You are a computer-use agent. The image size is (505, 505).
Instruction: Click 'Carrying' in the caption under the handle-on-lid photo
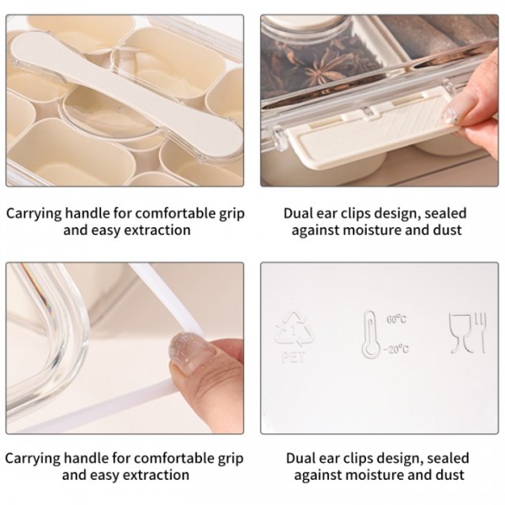pyautogui.click(x=35, y=213)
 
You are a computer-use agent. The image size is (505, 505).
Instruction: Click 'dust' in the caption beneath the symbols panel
pyautogui.click(x=445, y=476)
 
